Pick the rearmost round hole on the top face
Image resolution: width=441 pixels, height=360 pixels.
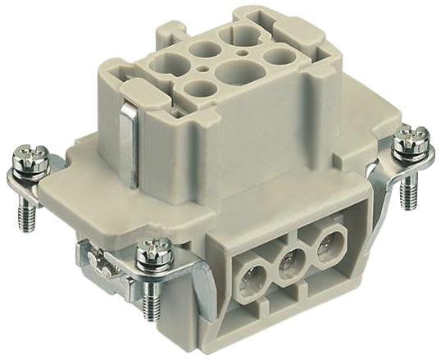(x=244, y=34)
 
